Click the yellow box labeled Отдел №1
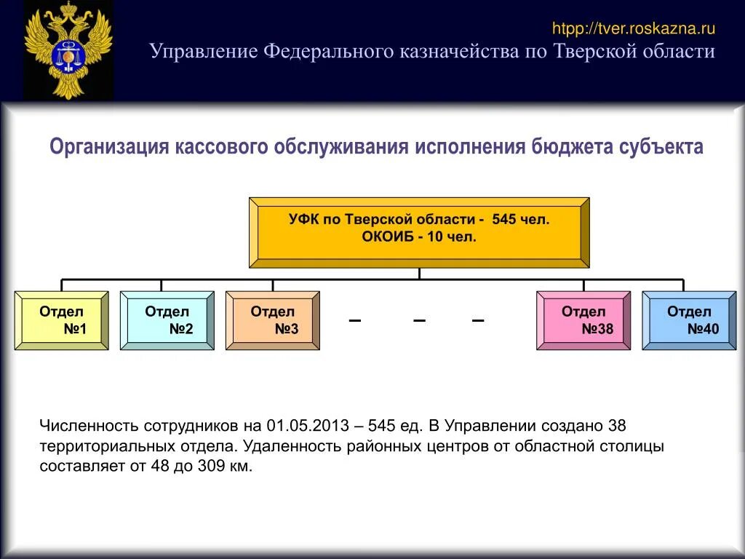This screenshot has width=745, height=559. (62, 321)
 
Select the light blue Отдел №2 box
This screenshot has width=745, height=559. (167, 321)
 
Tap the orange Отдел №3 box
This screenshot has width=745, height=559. (273, 321)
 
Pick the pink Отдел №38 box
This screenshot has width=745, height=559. (583, 321)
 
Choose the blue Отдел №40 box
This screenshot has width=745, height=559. (689, 321)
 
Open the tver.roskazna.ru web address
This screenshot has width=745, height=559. (634, 29)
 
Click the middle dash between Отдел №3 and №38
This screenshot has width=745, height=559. (419, 321)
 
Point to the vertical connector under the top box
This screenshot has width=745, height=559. (419, 274)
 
